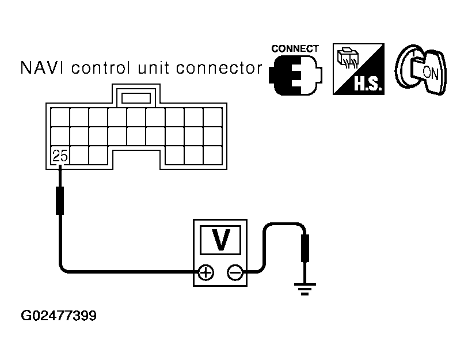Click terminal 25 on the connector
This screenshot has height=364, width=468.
(59, 155)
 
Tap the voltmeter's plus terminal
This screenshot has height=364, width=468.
(206, 272)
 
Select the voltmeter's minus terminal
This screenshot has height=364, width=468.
(235, 272)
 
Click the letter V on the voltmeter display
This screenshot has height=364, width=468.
(220, 240)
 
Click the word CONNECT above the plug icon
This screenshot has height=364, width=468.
(295, 49)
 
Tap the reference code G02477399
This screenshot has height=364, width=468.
(59, 316)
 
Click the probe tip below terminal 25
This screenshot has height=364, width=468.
(59, 199)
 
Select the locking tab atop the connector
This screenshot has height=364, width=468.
(136, 96)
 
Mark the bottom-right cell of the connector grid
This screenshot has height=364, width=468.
(212, 155)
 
